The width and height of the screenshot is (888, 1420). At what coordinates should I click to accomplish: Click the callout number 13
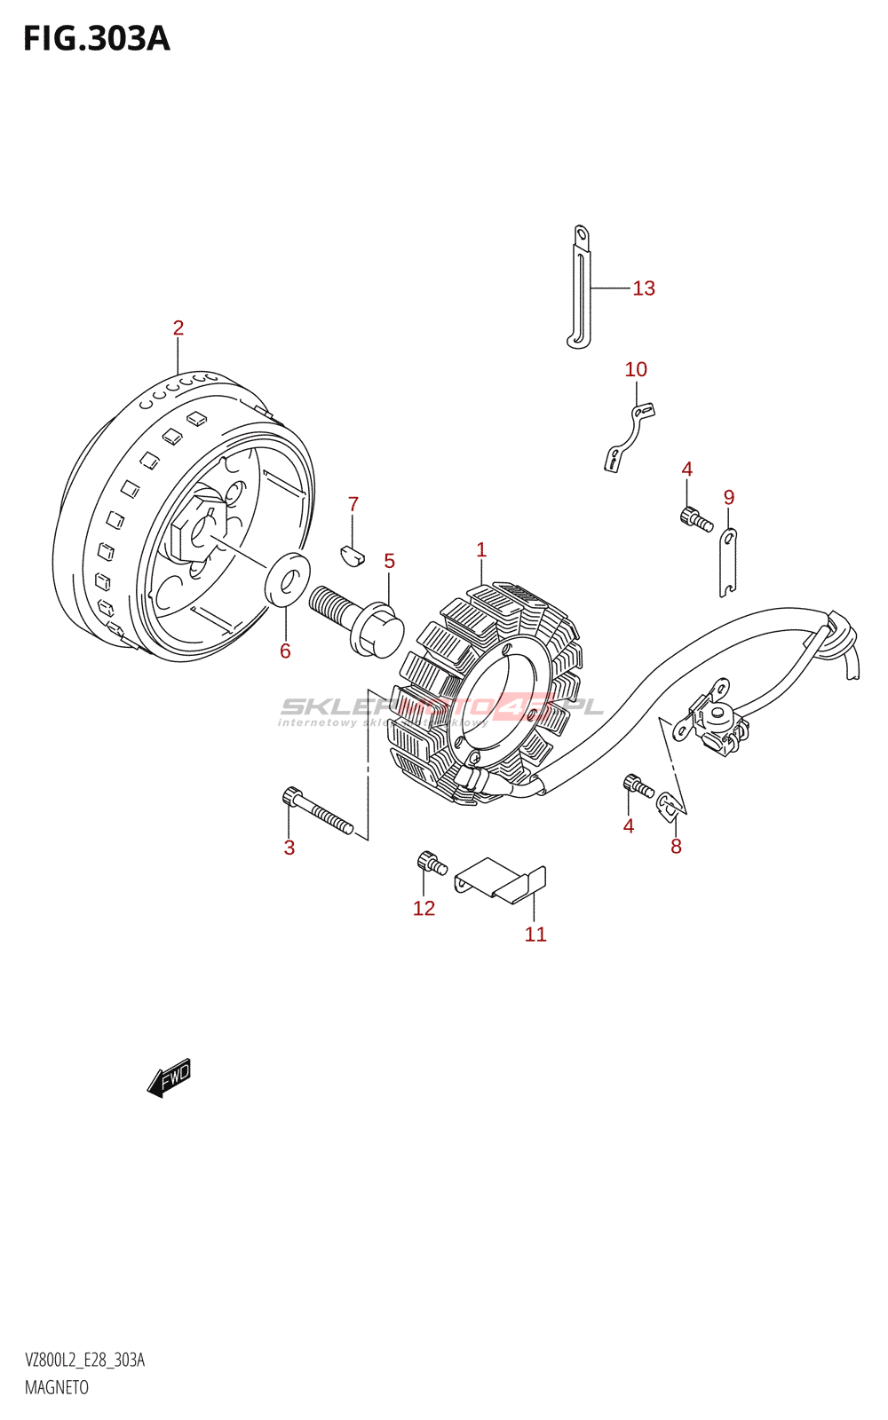644,288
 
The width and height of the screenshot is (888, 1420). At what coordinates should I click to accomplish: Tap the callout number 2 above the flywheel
178,328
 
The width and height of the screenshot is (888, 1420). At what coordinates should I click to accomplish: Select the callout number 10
636,369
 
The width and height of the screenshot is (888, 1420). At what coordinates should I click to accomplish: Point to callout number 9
729,497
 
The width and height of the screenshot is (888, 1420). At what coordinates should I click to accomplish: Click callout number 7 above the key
353,504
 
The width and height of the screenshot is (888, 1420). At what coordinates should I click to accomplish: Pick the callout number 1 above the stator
481,550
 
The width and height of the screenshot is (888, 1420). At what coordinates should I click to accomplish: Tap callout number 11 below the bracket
535,935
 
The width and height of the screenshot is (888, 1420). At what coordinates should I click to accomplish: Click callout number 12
424,908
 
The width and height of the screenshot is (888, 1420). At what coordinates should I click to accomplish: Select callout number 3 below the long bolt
289,848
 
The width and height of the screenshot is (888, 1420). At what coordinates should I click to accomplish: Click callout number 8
677,847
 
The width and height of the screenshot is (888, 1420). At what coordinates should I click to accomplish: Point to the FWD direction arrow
169,1077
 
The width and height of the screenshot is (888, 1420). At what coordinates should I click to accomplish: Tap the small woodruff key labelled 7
353,556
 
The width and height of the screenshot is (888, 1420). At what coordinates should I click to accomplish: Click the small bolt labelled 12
431,862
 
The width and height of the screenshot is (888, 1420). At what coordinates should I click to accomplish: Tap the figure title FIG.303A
96,39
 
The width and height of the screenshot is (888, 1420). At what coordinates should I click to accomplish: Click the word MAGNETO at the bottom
57,1387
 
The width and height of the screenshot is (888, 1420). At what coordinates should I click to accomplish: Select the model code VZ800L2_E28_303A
85,1360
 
